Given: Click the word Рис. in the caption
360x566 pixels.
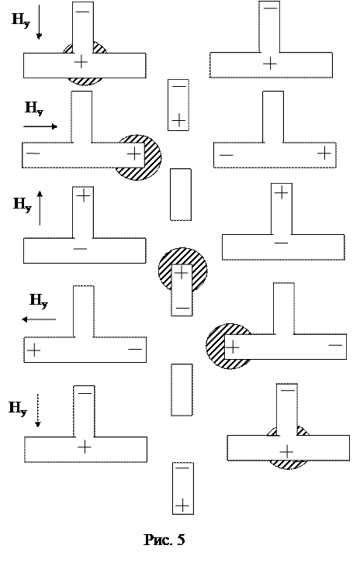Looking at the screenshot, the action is point(157,540).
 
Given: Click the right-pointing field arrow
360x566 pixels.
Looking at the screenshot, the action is point(40,126).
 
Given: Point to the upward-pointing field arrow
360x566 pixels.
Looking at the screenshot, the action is point(40,208).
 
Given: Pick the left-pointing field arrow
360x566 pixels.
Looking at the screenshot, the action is point(39,319).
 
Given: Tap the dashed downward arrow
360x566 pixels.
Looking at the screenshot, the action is point(37,411).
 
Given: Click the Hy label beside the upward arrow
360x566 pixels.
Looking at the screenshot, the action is point(22,205).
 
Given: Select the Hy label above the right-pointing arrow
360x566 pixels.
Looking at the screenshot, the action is point(34,108).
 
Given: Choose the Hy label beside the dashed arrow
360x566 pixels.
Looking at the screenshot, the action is point(18,409).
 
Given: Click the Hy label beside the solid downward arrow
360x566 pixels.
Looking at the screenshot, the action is point(21,20).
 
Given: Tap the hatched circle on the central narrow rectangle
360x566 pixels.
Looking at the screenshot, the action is point(183,271).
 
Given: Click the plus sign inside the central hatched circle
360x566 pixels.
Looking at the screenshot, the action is point(182,272).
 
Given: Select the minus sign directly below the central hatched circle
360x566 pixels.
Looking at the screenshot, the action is point(182,309).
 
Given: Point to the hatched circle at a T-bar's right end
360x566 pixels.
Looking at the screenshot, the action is point(137,157).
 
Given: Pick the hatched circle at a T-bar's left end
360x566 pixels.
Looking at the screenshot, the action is point(229,347).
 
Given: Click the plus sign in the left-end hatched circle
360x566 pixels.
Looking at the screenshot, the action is point(233,347).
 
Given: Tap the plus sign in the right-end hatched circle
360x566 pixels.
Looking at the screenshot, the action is point(134,154).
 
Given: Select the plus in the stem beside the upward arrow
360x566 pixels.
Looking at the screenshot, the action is point(83,195).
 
